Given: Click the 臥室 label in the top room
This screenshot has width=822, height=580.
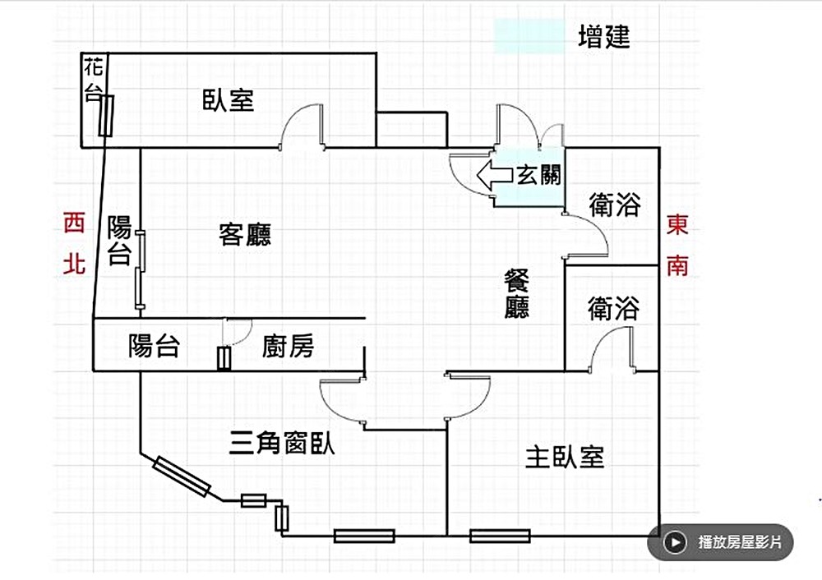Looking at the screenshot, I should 228,100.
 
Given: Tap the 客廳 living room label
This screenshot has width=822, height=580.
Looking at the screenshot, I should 245,234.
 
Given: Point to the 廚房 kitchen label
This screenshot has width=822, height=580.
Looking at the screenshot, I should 288,346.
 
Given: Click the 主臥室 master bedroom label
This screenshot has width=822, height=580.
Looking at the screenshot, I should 565,457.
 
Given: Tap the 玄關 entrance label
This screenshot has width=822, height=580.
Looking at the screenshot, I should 539,175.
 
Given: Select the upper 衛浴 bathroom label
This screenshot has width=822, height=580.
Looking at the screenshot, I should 614,205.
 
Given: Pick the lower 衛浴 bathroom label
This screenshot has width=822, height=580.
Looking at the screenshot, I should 613,308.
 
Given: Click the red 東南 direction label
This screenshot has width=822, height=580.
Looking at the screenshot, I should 677,245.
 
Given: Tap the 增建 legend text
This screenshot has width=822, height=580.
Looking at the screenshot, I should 604,37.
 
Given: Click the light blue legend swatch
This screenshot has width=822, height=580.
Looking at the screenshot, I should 529,38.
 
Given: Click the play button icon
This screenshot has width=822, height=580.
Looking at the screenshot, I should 675,542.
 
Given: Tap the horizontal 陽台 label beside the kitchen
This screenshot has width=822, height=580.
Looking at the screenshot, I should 154,346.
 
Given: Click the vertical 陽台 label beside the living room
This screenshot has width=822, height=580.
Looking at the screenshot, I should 120,240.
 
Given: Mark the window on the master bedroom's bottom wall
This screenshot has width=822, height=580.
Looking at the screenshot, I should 500,536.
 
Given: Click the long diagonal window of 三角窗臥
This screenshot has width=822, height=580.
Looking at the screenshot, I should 181,476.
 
